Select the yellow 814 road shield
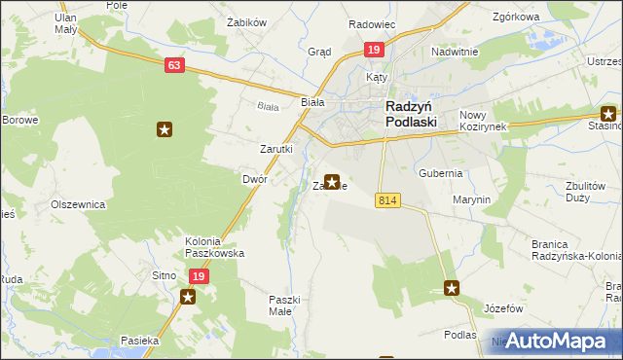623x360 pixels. coord(387,199)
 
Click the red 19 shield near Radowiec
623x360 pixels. coord(374,49)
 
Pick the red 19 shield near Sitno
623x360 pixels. coord(198,276)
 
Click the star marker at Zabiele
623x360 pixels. coord(332,181)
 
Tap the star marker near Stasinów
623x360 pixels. coord(608,113)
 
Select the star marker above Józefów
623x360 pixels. coord(452,287)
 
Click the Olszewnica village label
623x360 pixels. coord(78,205)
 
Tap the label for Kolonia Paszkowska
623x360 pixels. coord(215,246)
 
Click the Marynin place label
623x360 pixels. coord(471,199)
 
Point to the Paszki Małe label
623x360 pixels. coord(286,306)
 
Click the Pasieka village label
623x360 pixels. coord(139,341)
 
